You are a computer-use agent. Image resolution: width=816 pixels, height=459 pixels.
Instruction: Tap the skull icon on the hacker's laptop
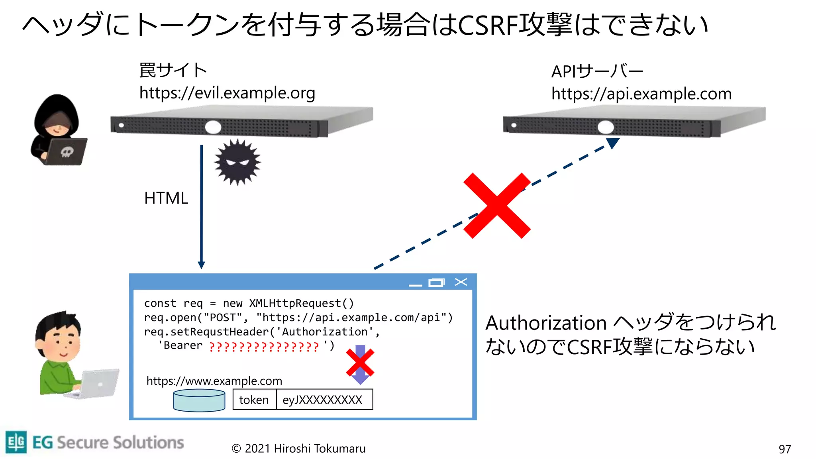click(67, 152)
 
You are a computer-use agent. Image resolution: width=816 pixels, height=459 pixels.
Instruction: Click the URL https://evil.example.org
click(227, 93)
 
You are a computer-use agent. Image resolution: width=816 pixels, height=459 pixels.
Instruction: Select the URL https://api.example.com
click(641, 94)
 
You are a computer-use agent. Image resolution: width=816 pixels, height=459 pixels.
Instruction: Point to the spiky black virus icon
click(237, 162)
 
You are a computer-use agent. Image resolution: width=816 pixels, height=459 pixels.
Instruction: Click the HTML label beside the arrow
click(166, 198)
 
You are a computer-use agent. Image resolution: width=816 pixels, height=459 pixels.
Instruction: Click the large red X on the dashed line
click(496, 206)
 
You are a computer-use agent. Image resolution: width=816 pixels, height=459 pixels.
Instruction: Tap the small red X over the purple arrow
click(360, 363)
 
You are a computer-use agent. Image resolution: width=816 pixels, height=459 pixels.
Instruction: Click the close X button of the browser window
click(461, 282)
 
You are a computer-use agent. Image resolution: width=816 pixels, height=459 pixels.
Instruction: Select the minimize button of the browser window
click(415, 284)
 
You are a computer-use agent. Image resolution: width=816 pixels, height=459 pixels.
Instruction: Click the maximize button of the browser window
click(436, 282)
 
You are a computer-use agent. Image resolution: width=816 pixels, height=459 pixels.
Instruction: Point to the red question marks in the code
click(264, 347)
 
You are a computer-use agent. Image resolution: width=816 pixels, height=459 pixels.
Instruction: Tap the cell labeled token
click(254, 400)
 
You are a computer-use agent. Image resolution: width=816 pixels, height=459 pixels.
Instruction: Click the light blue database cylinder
click(199, 400)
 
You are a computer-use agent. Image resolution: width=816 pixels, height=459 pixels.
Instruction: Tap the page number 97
click(785, 449)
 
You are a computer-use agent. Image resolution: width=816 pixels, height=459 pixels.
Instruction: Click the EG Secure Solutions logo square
click(16, 442)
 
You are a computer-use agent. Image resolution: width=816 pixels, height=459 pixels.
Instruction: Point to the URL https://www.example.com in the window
click(214, 381)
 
